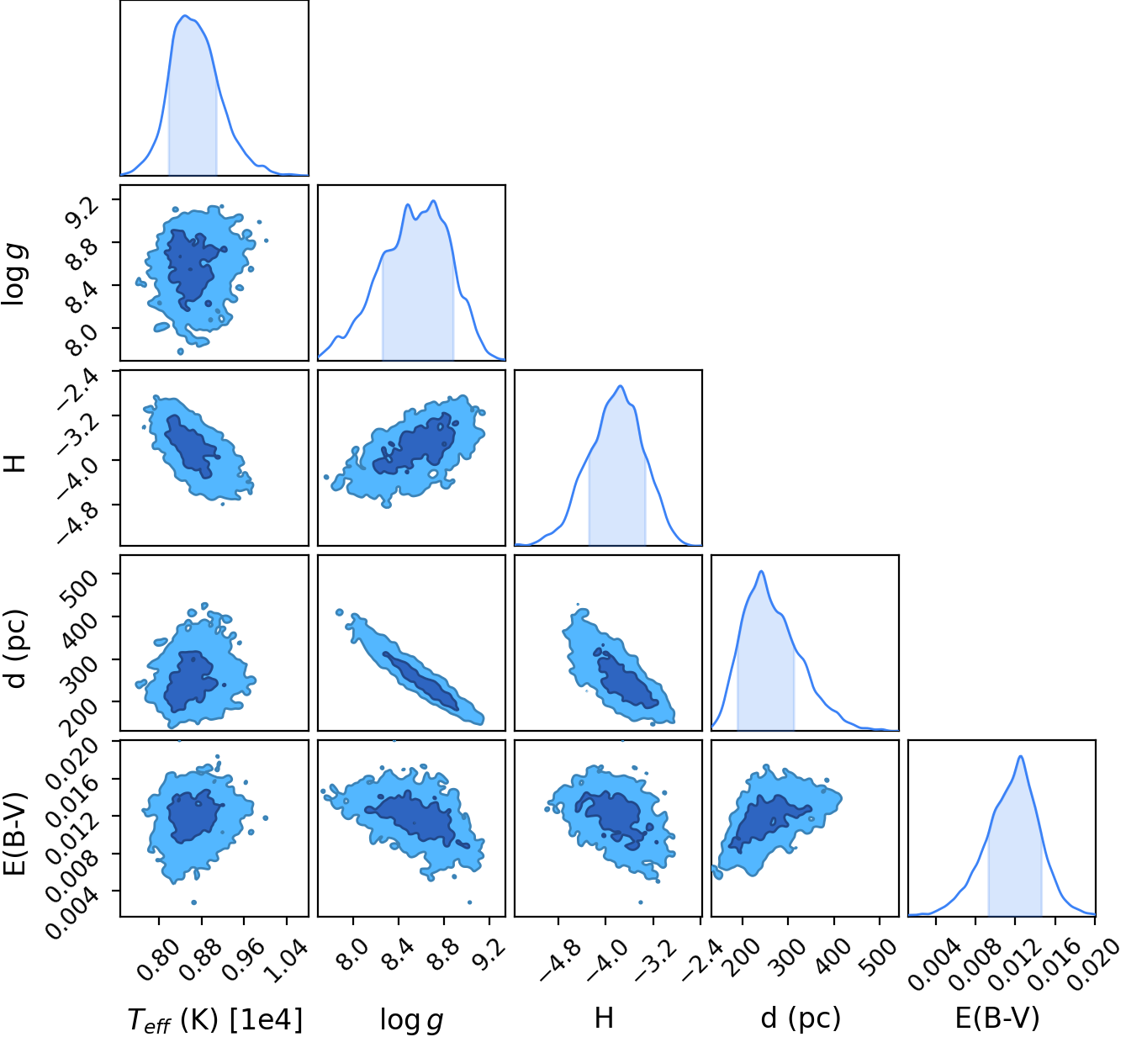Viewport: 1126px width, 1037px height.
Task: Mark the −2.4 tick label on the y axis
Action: [78, 390]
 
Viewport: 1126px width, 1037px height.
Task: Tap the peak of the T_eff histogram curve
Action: [184, 16]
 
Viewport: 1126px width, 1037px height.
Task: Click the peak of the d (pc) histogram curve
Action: [762, 572]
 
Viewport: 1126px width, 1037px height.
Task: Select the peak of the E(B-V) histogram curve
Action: [1021, 756]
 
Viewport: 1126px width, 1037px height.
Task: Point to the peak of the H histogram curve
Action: [621, 386]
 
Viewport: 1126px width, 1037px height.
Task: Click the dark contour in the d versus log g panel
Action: [420, 680]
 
